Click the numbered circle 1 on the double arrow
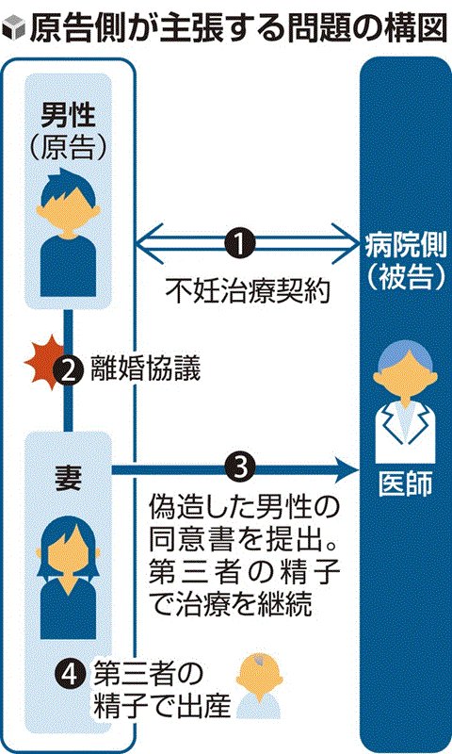[x=240, y=244]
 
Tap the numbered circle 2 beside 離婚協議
[x=69, y=371]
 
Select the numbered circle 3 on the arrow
[x=240, y=467]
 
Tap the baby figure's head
[x=259, y=677]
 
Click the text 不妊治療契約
[x=249, y=291]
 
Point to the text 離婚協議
[x=146, y=370]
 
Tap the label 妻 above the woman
[x=68, y=478]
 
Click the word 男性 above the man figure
[x=68, y=116]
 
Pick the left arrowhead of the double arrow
[x=150, y=244]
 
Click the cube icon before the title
[x=13, y=30]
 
